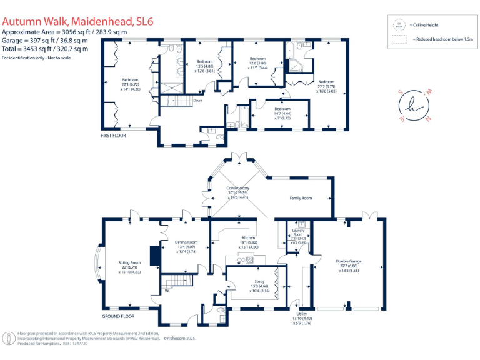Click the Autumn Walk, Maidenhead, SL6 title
(x=77, y=22)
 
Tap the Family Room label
(x=300, y=198)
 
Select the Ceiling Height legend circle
(x=397, y=25)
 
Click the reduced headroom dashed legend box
(x=397, y=39)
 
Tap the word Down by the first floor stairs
(x=197, y=100)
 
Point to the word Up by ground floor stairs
(x=167, y=291)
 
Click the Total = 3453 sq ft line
(x=45, y=49)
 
